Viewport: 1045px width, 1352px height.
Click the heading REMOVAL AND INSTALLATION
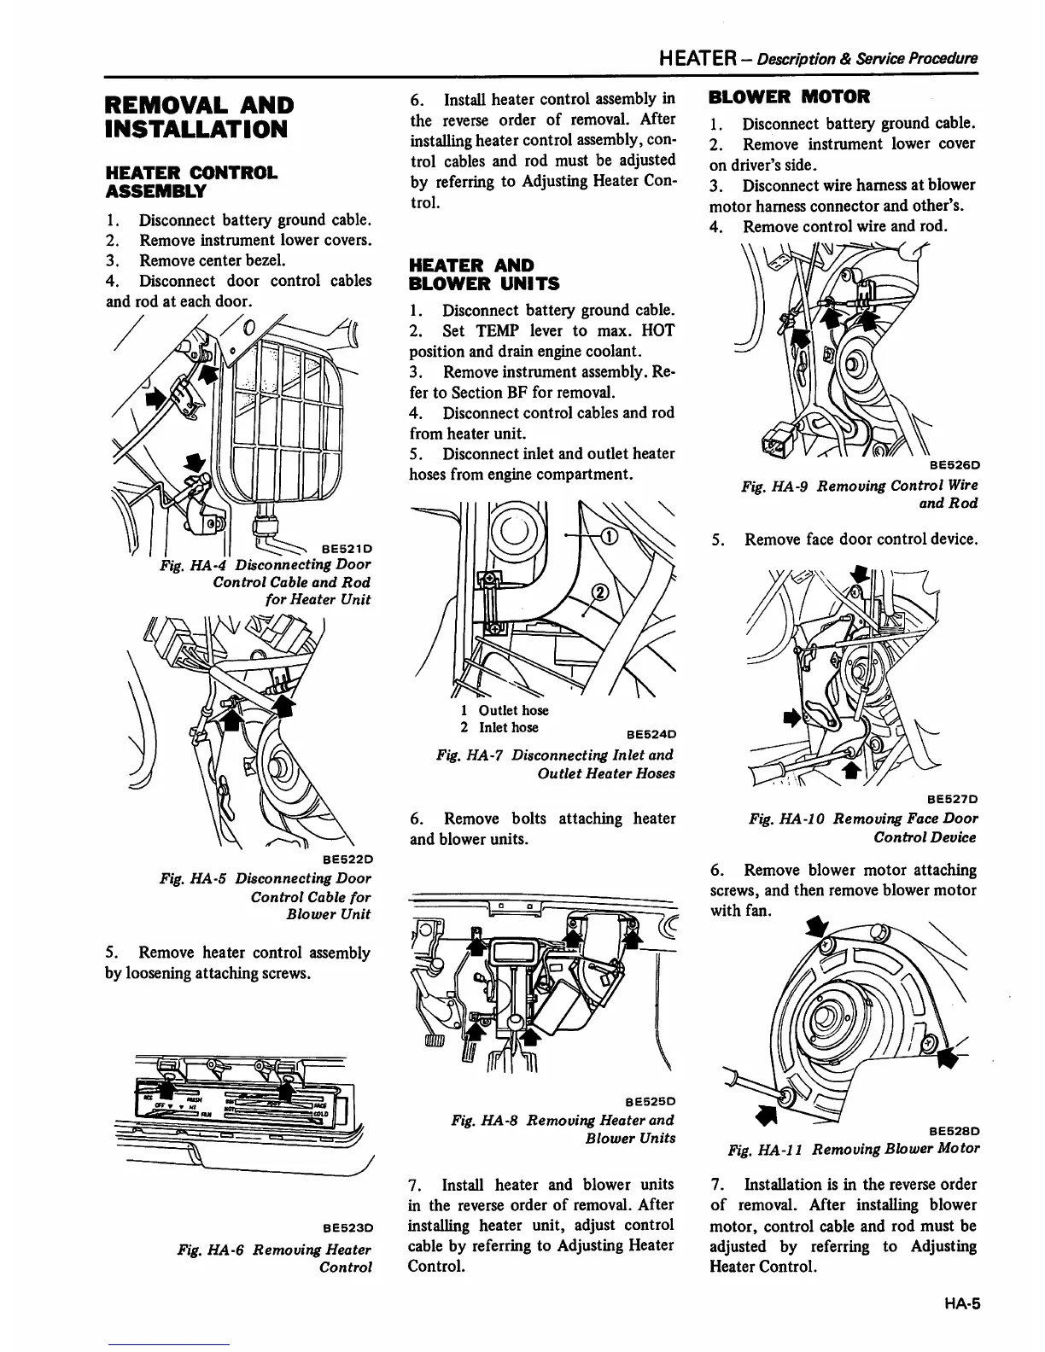click(198, 117)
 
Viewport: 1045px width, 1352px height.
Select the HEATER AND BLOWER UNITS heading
click(473, 274)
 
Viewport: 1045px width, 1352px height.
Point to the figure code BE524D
click(651, 734)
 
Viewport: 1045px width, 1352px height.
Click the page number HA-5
click(960, 1303)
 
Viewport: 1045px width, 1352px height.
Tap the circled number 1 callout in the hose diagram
click(610, 536)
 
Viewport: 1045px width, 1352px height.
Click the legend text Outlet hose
click(513, 710)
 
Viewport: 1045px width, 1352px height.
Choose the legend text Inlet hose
click(509, 727)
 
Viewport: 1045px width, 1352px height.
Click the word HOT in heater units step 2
click(657, 331)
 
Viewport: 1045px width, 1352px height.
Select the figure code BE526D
click(954, 465)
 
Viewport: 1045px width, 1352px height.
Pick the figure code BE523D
click(346, 1227)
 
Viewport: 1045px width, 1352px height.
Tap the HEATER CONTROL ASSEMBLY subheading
click(191, 181)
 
